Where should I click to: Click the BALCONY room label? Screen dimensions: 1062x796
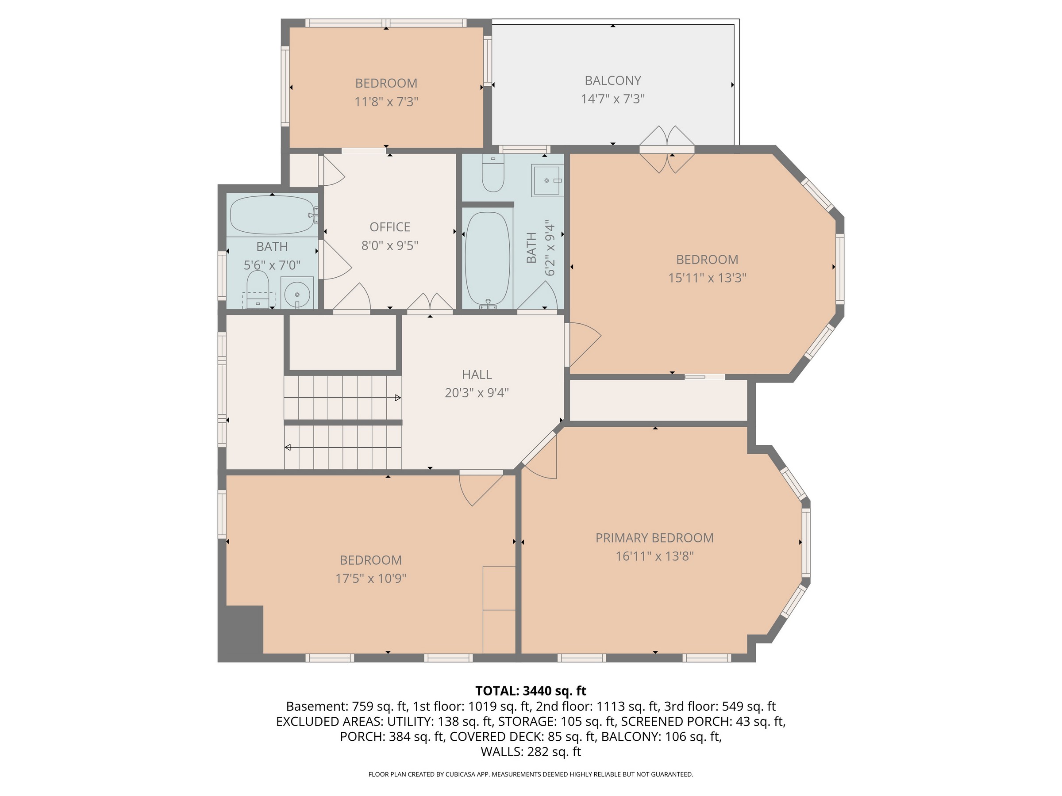point(612,80)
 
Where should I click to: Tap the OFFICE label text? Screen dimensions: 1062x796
point(390,227)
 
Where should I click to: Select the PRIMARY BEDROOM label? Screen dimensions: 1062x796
point(654,538)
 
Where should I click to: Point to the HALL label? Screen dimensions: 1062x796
point(477,374)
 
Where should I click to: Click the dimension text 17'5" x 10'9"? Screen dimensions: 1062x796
point(371,578)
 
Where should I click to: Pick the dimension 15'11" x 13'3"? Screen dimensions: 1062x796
point(707,278)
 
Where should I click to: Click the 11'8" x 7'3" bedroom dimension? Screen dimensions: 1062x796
point(386,102)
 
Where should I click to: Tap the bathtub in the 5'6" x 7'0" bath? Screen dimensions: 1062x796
point(272,214)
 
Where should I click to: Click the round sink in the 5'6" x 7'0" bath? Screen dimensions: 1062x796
point(297,293)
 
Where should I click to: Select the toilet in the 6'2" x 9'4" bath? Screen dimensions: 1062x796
point(493,173)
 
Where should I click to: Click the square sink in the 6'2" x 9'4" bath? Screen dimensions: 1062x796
point(547,180)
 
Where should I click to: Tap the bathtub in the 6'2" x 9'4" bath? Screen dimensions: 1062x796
point(487,259)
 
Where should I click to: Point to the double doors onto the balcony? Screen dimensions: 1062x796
point(667,149)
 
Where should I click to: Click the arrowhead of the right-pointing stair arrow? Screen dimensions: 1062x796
point(398,398)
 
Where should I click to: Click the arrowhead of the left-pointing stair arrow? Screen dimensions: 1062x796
point(288,447)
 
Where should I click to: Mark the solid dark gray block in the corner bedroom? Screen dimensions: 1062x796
point(241,633)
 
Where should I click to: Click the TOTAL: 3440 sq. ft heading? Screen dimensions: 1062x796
point(531,691)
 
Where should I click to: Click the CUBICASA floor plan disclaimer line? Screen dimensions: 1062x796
point(531,774)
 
